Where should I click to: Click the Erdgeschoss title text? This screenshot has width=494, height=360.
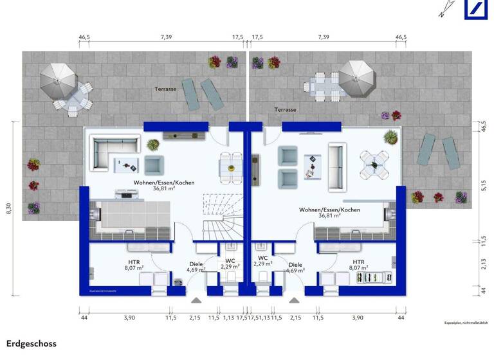(x=32, y=345)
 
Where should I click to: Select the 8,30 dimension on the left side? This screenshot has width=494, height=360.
(x=9, y=210)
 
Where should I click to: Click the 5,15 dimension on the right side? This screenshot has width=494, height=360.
(x=484, y=186)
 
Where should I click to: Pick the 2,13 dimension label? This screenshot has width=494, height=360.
(x=484, y=264)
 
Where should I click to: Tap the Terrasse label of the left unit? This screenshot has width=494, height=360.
(x=165, y=89)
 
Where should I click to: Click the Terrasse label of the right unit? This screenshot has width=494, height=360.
(x=285, y=110)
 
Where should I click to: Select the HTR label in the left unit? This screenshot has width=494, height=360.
(x=134, y=262)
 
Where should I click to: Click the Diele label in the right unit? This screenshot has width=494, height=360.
(x=295, y=264)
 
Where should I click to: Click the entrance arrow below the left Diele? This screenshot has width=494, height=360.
(x=196, y=300)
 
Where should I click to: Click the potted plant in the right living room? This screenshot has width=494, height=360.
(x=390, y=136)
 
